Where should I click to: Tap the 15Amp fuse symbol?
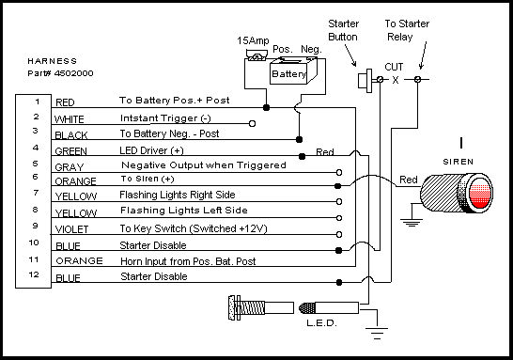[256, 55]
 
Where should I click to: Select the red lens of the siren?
[480, 194]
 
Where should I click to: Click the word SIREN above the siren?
[459, 162]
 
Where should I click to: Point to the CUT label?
[394, 67]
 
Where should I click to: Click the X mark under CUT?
[396, 80]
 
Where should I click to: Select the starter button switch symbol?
[365, 81]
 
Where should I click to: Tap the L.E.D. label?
[321, 323]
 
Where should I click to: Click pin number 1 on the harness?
[38, 102]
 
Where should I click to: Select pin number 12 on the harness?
[34, 274]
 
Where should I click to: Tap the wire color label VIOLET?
[71, 229]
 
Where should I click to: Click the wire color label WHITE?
[69, 119]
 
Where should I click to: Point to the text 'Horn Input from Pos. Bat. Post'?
[188, 261]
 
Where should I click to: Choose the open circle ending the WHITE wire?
[252, 124]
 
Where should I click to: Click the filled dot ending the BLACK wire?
[299, 140]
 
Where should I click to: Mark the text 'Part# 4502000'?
[60, 73]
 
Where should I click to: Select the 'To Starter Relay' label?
[407, 30]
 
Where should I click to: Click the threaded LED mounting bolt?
[261, 307]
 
